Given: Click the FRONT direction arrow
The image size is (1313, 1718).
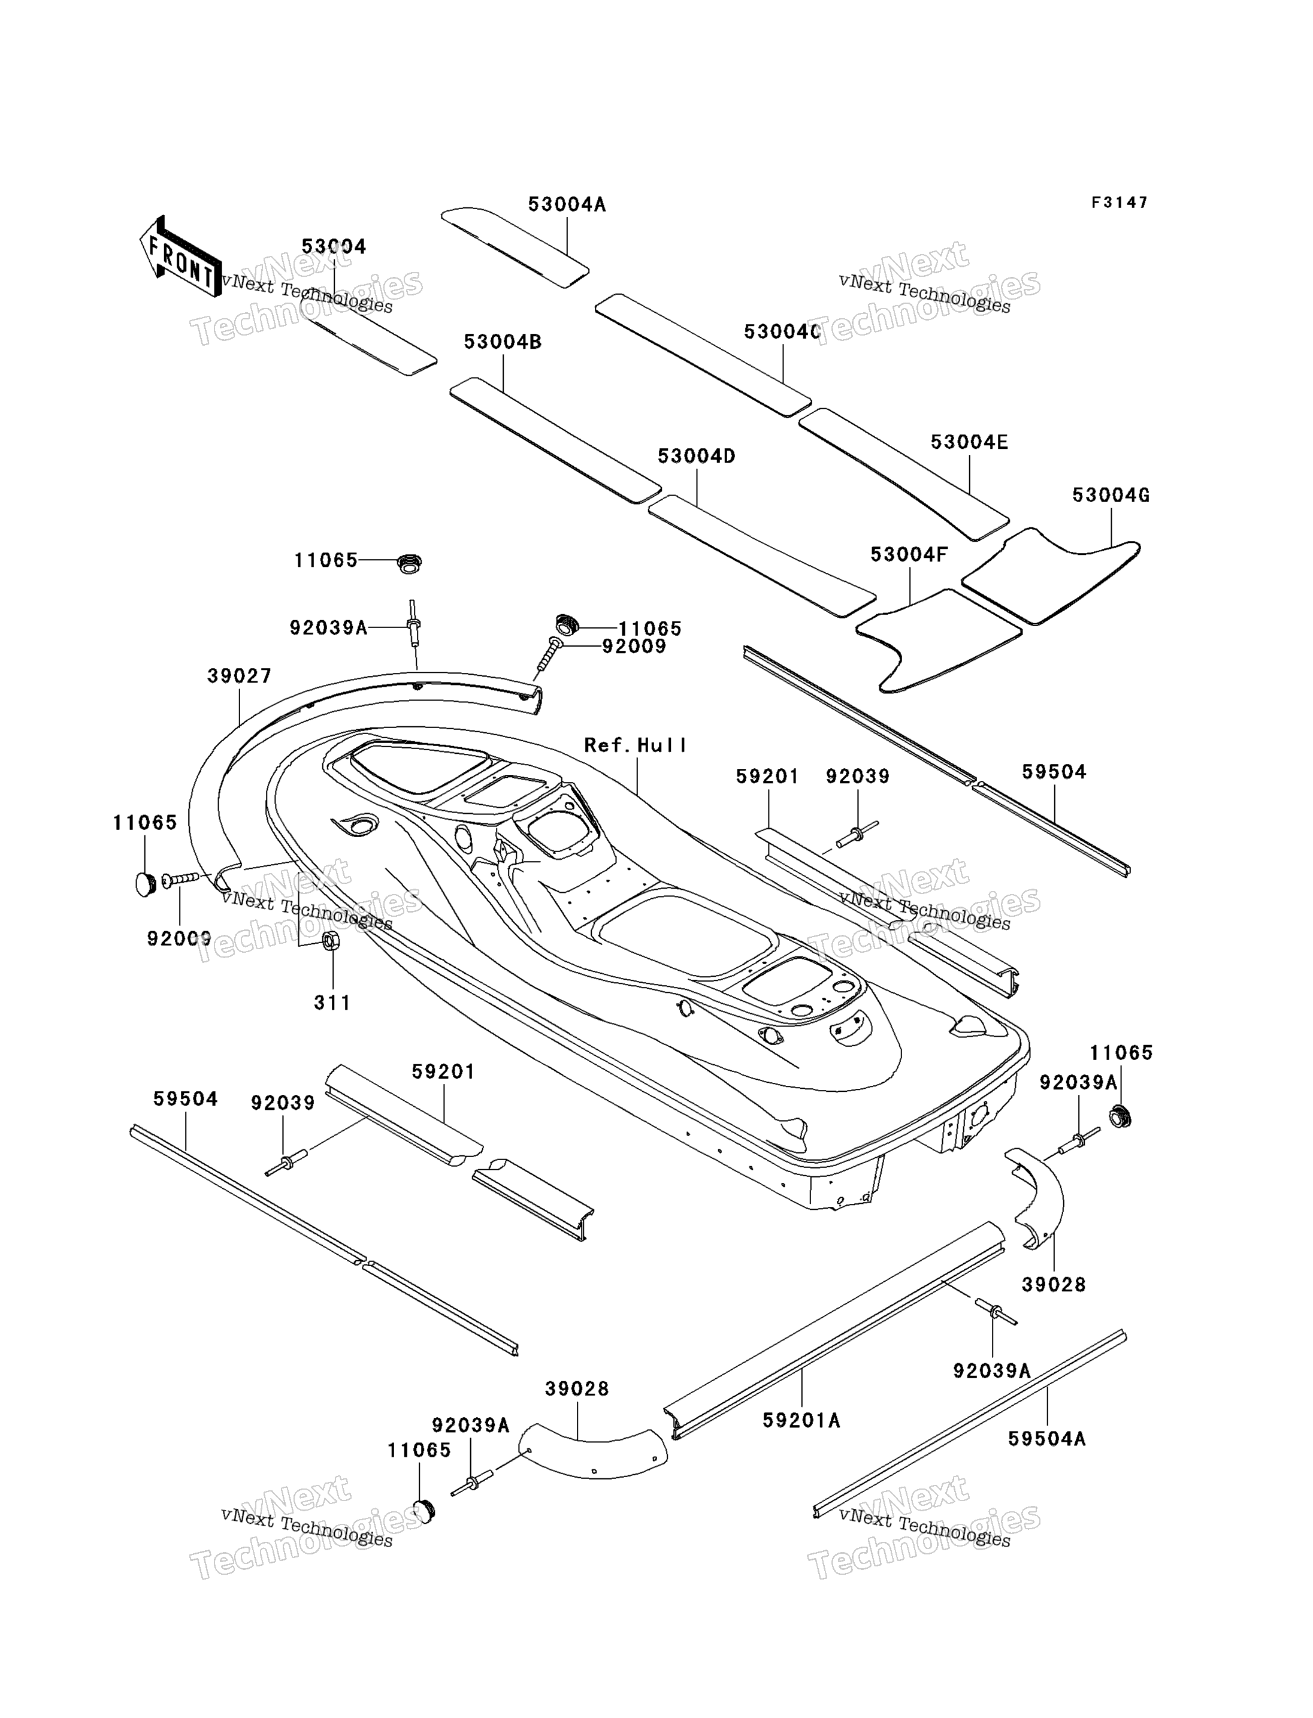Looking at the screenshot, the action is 180,256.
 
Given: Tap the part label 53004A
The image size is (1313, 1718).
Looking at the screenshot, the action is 567,204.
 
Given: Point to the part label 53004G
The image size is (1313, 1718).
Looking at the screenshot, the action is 1111,495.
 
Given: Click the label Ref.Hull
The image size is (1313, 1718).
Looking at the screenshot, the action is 636,745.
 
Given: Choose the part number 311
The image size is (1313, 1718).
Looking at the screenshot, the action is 332,1003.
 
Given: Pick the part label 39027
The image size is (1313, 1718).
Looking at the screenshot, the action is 239,675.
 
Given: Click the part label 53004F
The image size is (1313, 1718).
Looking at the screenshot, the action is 909,554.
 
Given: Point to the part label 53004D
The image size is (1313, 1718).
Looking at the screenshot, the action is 697,456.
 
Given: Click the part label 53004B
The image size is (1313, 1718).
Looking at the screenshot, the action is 503,342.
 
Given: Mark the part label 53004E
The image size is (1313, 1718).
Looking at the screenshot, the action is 969,442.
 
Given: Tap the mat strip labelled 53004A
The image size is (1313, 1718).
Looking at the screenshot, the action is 516,246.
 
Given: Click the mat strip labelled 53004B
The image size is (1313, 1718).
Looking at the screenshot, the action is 556,439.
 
